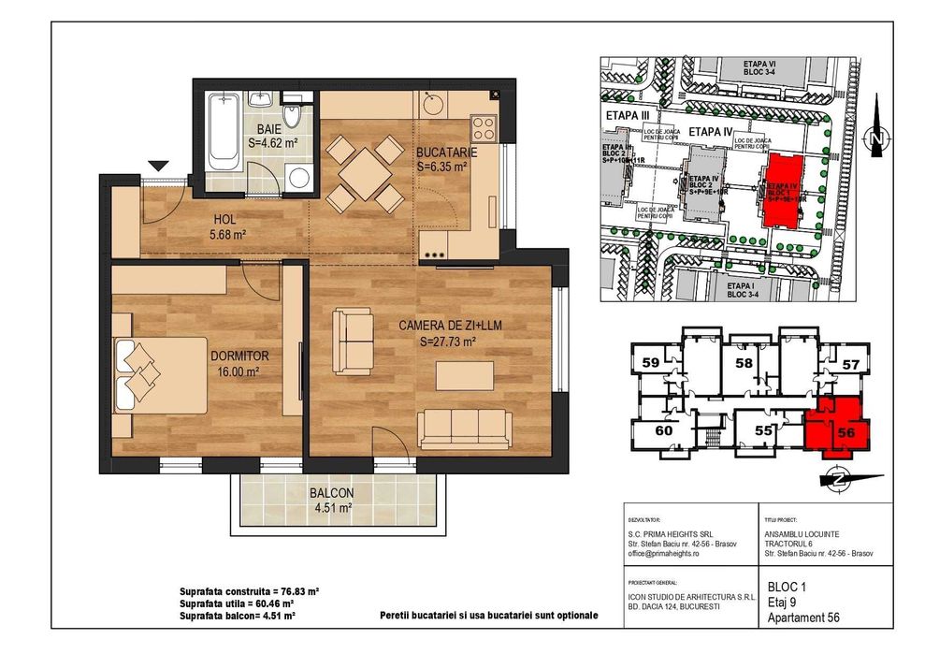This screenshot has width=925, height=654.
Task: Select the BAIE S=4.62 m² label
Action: [x=273, y=137]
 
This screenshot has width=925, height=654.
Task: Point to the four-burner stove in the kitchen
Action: [x=484, y=127]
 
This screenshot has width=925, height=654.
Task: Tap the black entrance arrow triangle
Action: [x=159, y=166]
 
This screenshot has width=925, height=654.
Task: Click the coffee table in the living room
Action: [x=465, y=375]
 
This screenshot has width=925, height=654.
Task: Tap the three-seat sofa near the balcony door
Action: [x=464, y=429]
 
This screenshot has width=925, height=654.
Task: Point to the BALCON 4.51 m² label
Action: [x=331, y=501]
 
